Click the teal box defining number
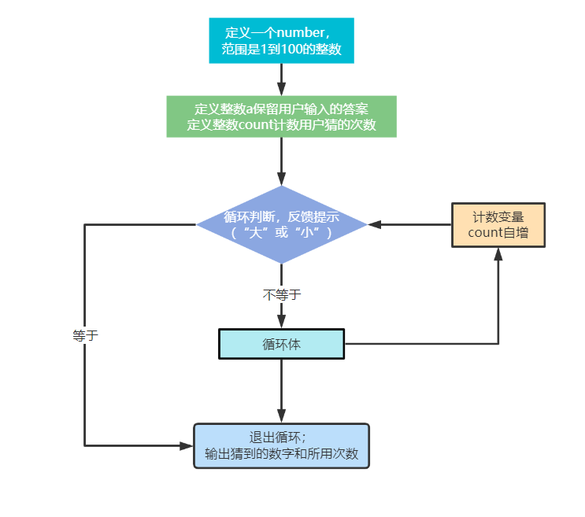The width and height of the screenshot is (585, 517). (281, 41)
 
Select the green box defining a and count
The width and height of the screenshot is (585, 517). (281, 116)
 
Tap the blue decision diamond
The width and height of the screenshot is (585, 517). (281, 224)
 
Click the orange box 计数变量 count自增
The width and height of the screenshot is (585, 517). (498, 224)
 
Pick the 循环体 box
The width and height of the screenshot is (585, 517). (281, 344)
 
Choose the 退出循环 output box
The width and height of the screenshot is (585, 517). (281, 445)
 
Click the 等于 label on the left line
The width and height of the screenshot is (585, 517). (85, 334)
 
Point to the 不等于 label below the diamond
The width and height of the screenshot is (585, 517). (281, 294)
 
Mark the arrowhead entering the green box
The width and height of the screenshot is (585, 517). (281, 90)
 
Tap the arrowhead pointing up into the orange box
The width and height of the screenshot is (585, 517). (498, 253)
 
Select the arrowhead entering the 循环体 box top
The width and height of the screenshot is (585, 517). (281, 322)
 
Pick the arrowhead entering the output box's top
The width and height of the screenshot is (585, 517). (281, 417)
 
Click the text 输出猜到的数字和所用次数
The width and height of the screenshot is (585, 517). (281, 454)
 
